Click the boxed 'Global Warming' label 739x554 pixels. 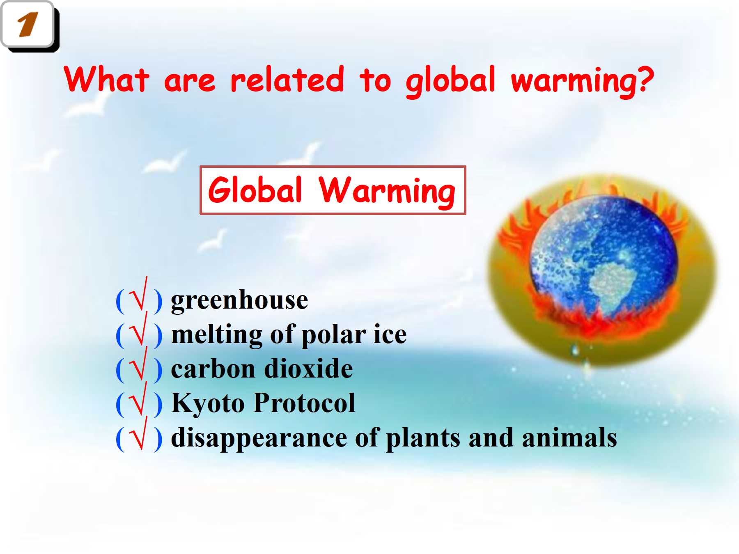tap(333, 190)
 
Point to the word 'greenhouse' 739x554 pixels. tap(239, 300)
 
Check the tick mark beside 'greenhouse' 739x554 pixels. tap(138, 295)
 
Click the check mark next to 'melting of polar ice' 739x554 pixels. tap(138, 329)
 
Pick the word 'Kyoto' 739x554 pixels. tap(209, 403)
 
